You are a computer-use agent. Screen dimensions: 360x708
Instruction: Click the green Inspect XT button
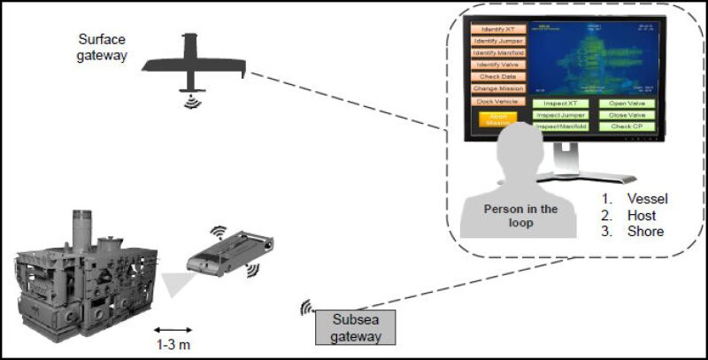560,103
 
